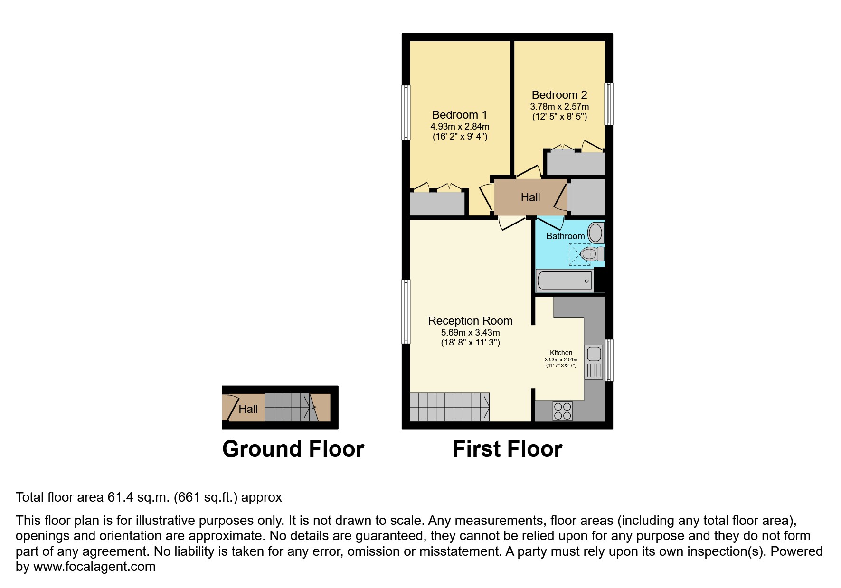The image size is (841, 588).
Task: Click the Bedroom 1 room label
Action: coord(459,115)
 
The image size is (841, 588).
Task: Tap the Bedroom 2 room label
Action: coord(559,95)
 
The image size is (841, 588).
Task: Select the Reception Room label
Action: coord(470,321)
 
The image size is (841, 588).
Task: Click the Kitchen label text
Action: coord(561,353)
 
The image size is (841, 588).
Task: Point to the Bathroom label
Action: coord(565,236)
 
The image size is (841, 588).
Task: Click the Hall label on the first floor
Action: coord(530,197)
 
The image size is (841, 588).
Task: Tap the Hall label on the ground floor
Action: coord(248,409)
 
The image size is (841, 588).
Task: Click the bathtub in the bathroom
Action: coord(564,280)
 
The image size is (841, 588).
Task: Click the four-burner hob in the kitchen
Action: coord(562,411)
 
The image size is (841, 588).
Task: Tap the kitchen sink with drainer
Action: coord(594,362)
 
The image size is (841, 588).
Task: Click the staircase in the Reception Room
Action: coord(449,407)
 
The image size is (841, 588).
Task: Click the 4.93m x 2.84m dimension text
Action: coord(459,127)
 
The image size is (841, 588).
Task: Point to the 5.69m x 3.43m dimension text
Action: coord(470,333)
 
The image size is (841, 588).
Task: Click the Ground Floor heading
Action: coord(293,449)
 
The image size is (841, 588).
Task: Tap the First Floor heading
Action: coord(507,449)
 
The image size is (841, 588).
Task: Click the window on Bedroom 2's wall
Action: coord(608,104)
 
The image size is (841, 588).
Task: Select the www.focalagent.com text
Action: coord(94,567)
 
